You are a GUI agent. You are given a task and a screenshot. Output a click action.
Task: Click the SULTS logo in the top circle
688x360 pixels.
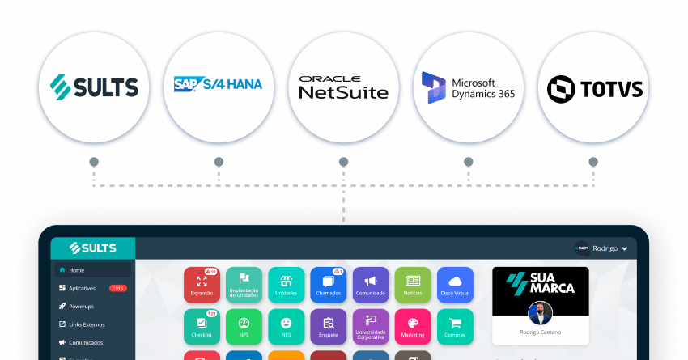click(94, 86)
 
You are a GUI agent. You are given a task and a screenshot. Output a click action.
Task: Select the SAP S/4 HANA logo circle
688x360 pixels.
click(218, 86)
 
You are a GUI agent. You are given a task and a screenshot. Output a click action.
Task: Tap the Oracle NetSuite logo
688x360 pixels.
click(343, 86)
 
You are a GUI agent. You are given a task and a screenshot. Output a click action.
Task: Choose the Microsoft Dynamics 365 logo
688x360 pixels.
click(468, 86)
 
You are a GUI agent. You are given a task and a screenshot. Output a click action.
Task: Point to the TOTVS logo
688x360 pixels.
click(593, 86)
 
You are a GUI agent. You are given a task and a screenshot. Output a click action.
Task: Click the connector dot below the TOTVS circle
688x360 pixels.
click(593, 162)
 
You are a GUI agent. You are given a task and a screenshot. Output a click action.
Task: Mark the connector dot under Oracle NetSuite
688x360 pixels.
click(343, 162)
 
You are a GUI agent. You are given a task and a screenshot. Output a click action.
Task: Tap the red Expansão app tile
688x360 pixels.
click(202, 284)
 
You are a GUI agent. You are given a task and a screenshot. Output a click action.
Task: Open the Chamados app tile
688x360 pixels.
click(329, 284)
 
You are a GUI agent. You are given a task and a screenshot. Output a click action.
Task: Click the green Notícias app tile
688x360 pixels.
click(413, 284)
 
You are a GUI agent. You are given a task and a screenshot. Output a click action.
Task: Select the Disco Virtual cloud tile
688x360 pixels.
click(455, 284)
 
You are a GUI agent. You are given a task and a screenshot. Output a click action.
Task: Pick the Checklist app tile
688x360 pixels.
click(202, 326)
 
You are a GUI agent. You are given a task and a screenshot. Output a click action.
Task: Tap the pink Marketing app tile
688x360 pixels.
click(413, 326)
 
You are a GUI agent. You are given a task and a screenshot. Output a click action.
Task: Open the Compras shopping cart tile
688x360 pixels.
click(455, 326)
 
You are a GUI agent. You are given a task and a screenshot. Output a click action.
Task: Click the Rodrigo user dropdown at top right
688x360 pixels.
click(603, 248)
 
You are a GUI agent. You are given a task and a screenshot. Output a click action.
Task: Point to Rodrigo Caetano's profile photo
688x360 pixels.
click(540, 313)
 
